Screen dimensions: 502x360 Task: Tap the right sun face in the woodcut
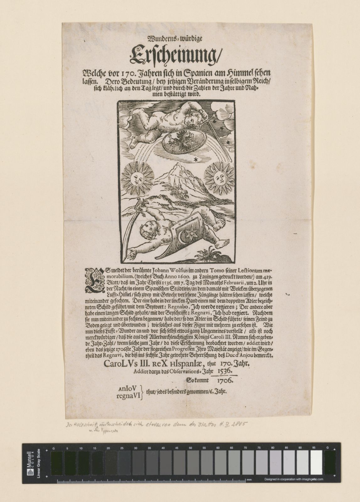pos(219,179)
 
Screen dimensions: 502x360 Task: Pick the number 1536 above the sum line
pos(224,371)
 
